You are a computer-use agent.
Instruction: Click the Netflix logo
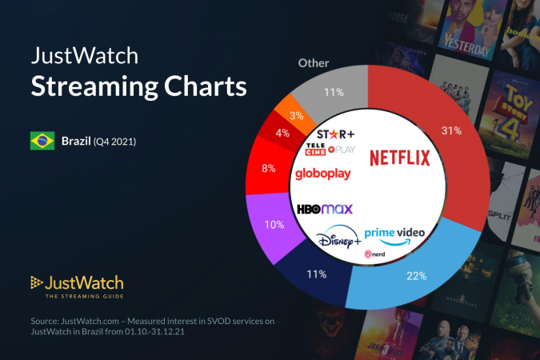point(399,158)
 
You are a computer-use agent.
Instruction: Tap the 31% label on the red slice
point(452,130)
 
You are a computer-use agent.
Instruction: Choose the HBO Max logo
point(325,210)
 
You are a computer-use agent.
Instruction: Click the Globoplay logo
point(323,174)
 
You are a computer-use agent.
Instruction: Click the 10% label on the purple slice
point(274,225)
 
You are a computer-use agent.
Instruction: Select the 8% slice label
point(268,168)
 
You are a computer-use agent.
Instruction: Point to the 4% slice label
point(282,134)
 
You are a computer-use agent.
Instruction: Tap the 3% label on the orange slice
point(296,115)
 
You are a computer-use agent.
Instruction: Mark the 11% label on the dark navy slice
point(317,274)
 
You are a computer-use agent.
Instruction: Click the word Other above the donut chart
point(314,62)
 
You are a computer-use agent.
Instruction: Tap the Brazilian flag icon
point(42,142)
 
